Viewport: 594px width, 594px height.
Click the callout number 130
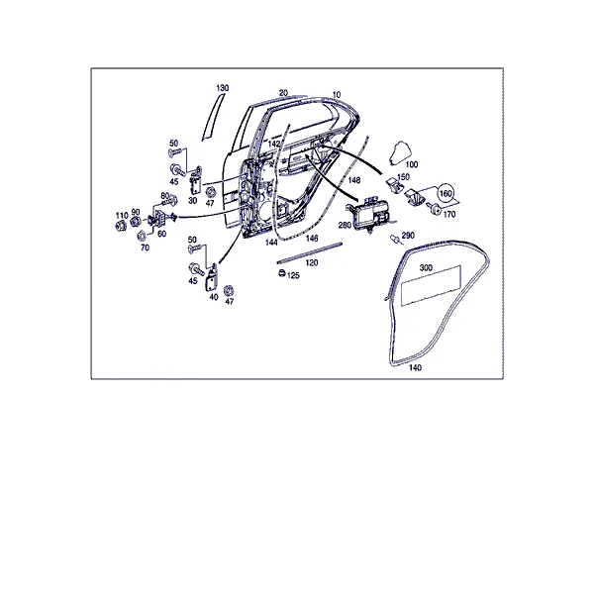click(x=223, y=88)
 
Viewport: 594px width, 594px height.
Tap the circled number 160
click(x=445, y=194)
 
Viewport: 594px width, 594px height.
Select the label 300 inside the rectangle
click(x=426, y=268)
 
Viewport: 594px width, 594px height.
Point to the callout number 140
click(x=415, y=367)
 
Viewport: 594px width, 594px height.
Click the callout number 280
click(x=345, y=225)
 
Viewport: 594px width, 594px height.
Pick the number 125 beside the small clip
click(x=293, y=275)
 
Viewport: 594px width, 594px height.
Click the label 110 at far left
click(x=122, y=216)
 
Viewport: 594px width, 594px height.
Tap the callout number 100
click(x=412, y=164)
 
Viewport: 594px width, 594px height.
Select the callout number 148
click(x=354, y=180)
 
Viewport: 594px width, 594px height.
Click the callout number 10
click(x=337, y=94)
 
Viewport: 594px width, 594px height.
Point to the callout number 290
click(x=408, y=236)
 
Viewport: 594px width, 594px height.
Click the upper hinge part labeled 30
click(x=195, y=182)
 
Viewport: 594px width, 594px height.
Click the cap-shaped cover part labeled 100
click(x=400, y=152)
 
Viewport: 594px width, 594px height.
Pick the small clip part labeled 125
click(x=281, y=272)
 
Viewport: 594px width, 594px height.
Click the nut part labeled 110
click(x=121, y=226)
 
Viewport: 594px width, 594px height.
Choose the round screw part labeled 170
click(x=435, y=208)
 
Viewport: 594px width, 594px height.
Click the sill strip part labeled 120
click(x=310, y=251)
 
